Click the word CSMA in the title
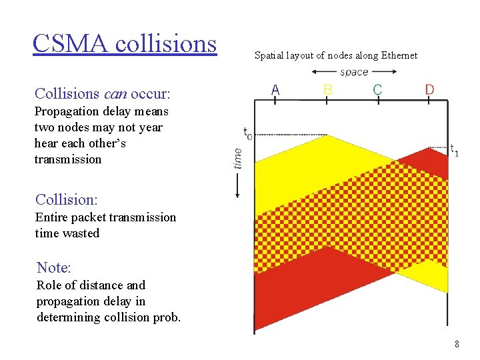click(x=71, y=43)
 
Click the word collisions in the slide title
click(x=166, y=43)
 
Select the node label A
click(x=275, y=89)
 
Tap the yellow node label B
click(x=327, y=89)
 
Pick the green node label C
click(x=377, y=89)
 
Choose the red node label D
click(x=430, y=89)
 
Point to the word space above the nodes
click(x=353, y=72)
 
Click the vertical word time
click(x=238, y=158)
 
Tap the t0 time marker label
click(x=247, y=133)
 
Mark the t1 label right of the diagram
click(x=454, y=150)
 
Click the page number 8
click(x=457, y=345)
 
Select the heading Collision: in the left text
click(x=66, y=199)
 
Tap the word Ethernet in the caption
click(x=399, y=55)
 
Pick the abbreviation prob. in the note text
click(x=166, y=317)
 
